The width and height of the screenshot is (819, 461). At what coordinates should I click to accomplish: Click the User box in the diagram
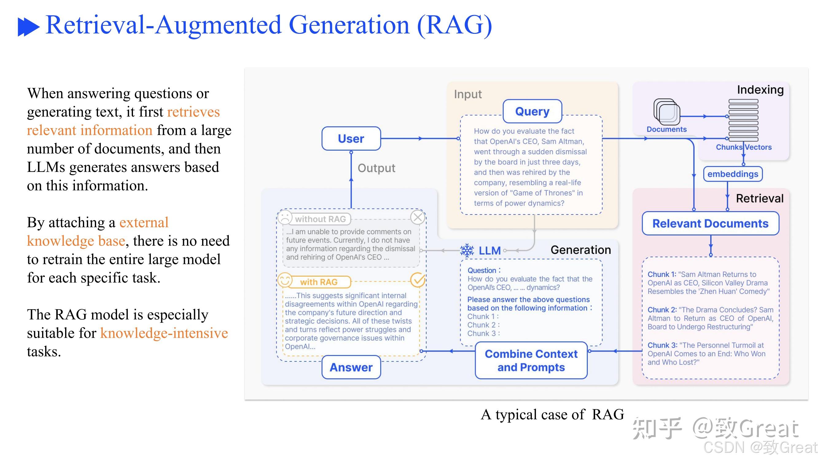[x=351, y=139]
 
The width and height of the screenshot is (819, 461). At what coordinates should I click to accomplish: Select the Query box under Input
[x=532, y=111]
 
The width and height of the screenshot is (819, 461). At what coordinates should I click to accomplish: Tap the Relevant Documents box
[x=710, y=224]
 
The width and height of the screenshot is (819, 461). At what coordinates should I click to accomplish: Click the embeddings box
[x=732, y=174]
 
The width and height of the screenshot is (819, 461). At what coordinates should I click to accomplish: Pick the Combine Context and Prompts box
[x=531, y=361]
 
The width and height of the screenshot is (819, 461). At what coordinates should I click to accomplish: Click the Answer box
[x=351, y=368]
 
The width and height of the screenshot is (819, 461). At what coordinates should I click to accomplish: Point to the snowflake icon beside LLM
[x=467, y=251]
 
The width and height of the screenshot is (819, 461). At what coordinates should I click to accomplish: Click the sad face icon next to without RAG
[x=285, y=218]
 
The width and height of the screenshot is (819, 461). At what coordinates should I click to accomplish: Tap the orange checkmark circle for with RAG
[x=417, y=280]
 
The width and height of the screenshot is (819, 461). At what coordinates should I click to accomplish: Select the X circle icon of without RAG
[x=417, y=217]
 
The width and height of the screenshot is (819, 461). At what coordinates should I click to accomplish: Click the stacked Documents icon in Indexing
[x=667, y=112]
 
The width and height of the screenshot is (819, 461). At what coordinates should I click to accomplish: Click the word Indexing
[x=760, y=90]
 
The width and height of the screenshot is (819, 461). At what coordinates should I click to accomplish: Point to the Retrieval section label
[x=759, y=199]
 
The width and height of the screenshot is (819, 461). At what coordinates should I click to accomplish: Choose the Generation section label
[x=581, y=250]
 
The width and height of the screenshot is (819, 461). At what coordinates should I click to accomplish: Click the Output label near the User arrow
[x=376, y=168]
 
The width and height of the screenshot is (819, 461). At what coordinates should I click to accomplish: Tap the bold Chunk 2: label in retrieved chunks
[x=662, y=310]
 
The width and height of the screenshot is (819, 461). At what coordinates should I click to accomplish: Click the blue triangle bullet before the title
[x=28, y=27]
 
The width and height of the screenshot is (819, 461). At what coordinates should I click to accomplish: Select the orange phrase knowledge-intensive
[x=164, y=333]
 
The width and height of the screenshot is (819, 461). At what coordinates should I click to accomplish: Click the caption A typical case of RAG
[x=552, y=415]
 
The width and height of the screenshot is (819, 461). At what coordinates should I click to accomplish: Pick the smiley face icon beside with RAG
[x=285, y=280]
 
